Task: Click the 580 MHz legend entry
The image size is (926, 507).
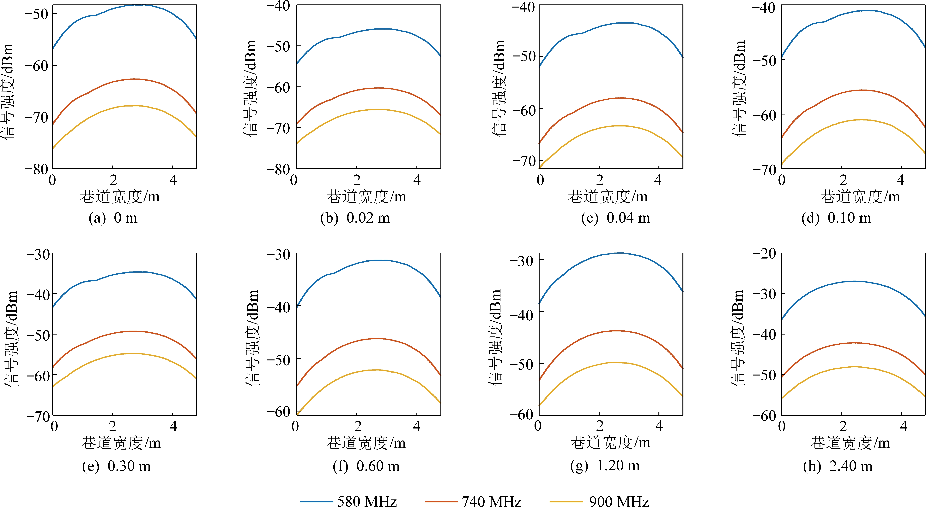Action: click(367, 501)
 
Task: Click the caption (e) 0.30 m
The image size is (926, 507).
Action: click(117, 466)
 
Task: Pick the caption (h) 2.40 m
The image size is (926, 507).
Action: click(838, 466)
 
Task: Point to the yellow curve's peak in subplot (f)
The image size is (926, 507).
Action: click(377, 370)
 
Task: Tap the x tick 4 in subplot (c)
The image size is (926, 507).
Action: click(658, 180)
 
